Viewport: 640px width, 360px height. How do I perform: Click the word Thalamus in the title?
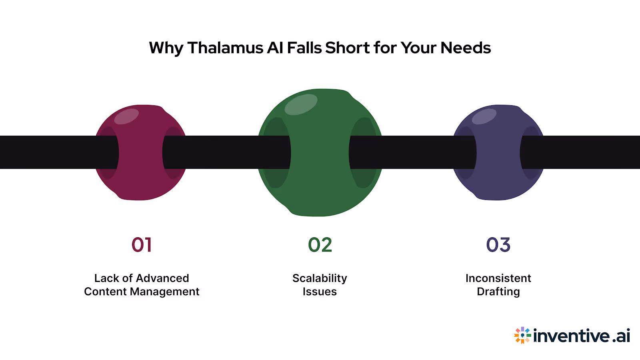click(x=225, y=48)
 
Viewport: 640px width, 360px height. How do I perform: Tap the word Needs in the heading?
click(x=466, y=48)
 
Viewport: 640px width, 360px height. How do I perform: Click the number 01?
click(x=142, y=245)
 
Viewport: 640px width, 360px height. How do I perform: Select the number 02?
click(x=320, y=245)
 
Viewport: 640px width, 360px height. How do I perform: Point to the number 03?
click(x=498, y=245)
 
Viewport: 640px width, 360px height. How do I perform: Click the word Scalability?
click(x=320, y=278)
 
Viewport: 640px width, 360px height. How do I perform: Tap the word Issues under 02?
click(x=320, y=292)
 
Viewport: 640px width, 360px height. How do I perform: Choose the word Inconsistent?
click(x=498, y=278)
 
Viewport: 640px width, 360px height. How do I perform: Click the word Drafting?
click(x=498, y=292)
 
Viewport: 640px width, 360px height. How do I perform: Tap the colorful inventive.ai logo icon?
click(x=522, y=335)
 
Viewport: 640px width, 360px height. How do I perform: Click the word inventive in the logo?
click(x=572, y=336)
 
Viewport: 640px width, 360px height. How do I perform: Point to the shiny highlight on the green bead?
click(x=301, y=104)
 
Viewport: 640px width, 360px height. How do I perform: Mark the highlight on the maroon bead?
click(x=126, y=116)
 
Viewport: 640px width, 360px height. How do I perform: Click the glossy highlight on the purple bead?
click(x=484, y=116)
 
